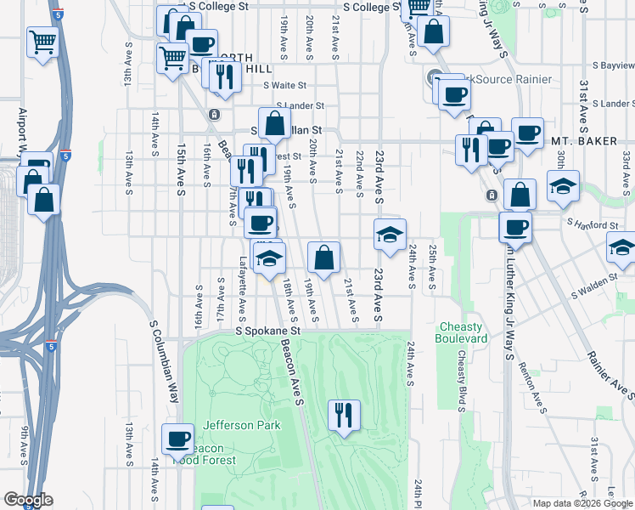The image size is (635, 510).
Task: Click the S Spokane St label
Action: (x=268, y=330)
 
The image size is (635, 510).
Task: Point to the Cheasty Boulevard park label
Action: (x=464, y=332)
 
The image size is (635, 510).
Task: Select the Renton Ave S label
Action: (x=536, y=378)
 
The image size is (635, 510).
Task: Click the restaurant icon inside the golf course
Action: (x=343, y=415)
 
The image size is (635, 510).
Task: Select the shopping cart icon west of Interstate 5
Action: (x=42, y=40)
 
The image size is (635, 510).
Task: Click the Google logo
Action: (x=28, y=500)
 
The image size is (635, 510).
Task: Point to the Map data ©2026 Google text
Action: (x=582, y=503)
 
